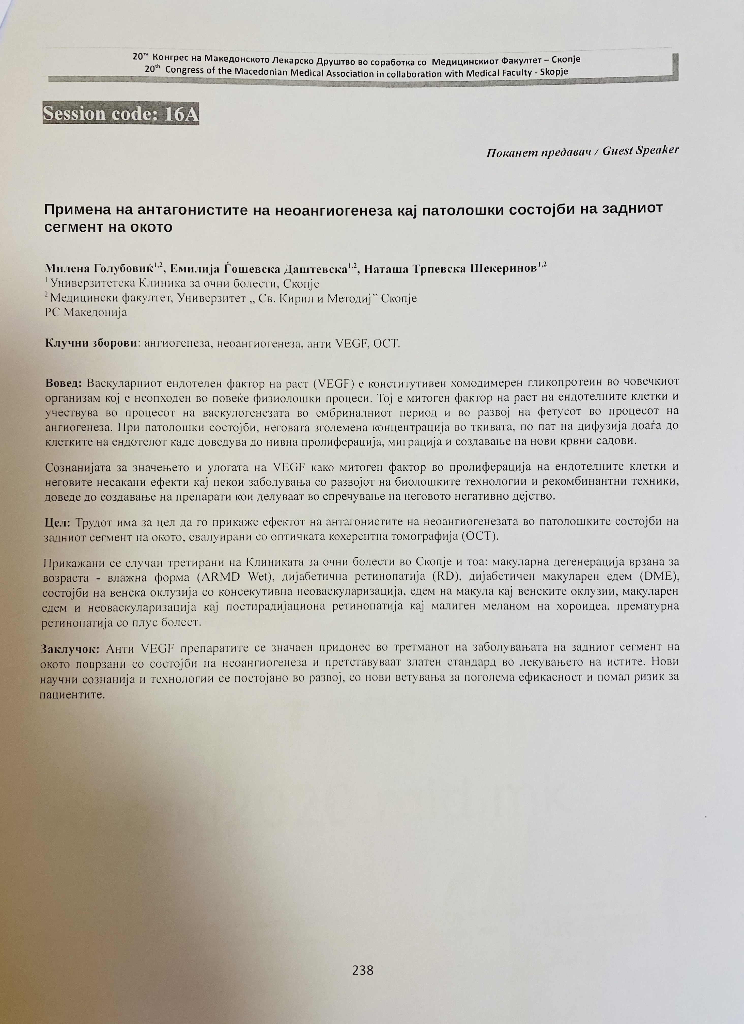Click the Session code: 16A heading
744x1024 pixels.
[121, 114]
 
